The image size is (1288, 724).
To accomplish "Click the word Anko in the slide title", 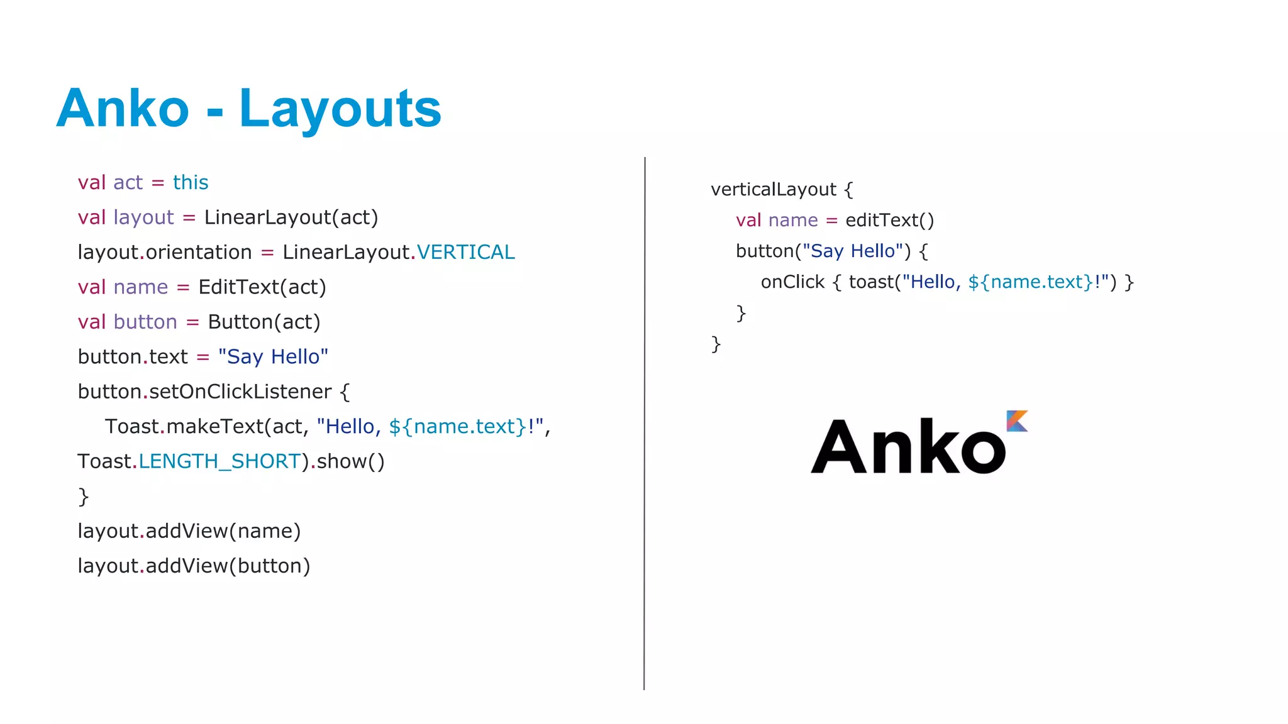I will click(123, 109).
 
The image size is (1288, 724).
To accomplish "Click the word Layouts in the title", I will click(340, 109).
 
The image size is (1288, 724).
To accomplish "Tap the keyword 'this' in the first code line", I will click(191, 182).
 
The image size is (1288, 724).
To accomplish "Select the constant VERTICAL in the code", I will click(466, 252).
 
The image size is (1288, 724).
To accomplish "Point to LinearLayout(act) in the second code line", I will click(291, 217).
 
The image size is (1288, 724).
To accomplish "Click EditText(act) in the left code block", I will click(262, 287).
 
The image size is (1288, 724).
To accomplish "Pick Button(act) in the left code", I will click(264, 322).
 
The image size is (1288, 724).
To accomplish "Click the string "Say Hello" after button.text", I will click(273, 357).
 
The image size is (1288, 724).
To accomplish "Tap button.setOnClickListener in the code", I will click(204, 392).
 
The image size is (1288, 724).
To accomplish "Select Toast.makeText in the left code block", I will click(184, 427).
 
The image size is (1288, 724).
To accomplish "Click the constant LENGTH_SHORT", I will click(219, 461).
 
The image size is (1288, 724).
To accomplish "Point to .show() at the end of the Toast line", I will click(348, 461).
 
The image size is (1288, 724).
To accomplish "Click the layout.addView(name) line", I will click(189, 531).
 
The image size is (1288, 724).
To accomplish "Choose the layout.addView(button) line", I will click(194, 566).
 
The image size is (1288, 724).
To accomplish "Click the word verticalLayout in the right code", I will click(774, 189).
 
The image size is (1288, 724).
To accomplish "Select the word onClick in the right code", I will click(792, 282).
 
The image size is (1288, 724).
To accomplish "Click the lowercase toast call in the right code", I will click(871, 282).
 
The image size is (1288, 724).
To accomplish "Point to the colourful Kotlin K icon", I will click(1017, 421).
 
